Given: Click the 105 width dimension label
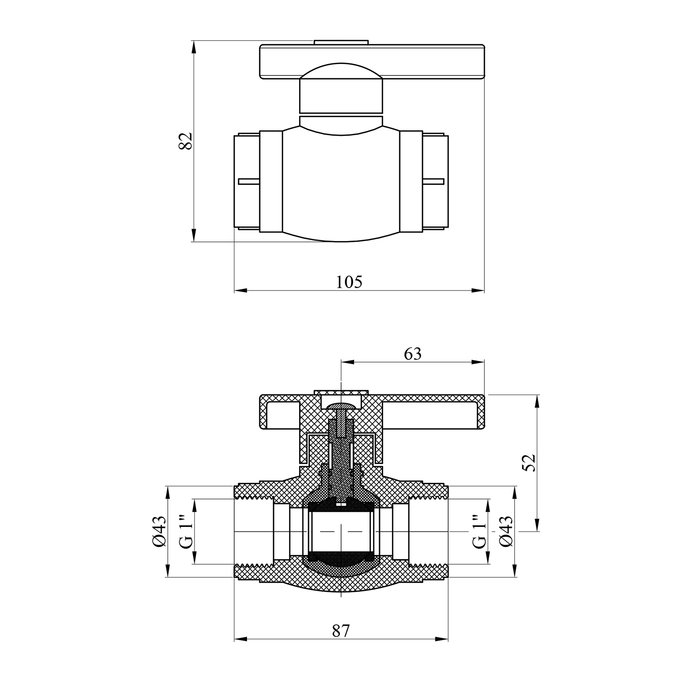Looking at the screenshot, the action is click(x=349, y=282).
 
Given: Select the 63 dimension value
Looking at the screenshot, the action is click(x=413, y=354).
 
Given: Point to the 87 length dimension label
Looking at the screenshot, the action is click(x=341, y=631).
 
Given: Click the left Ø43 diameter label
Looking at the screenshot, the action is click(x=159, y=531).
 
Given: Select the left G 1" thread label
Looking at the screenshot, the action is click(x=184, y=531).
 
